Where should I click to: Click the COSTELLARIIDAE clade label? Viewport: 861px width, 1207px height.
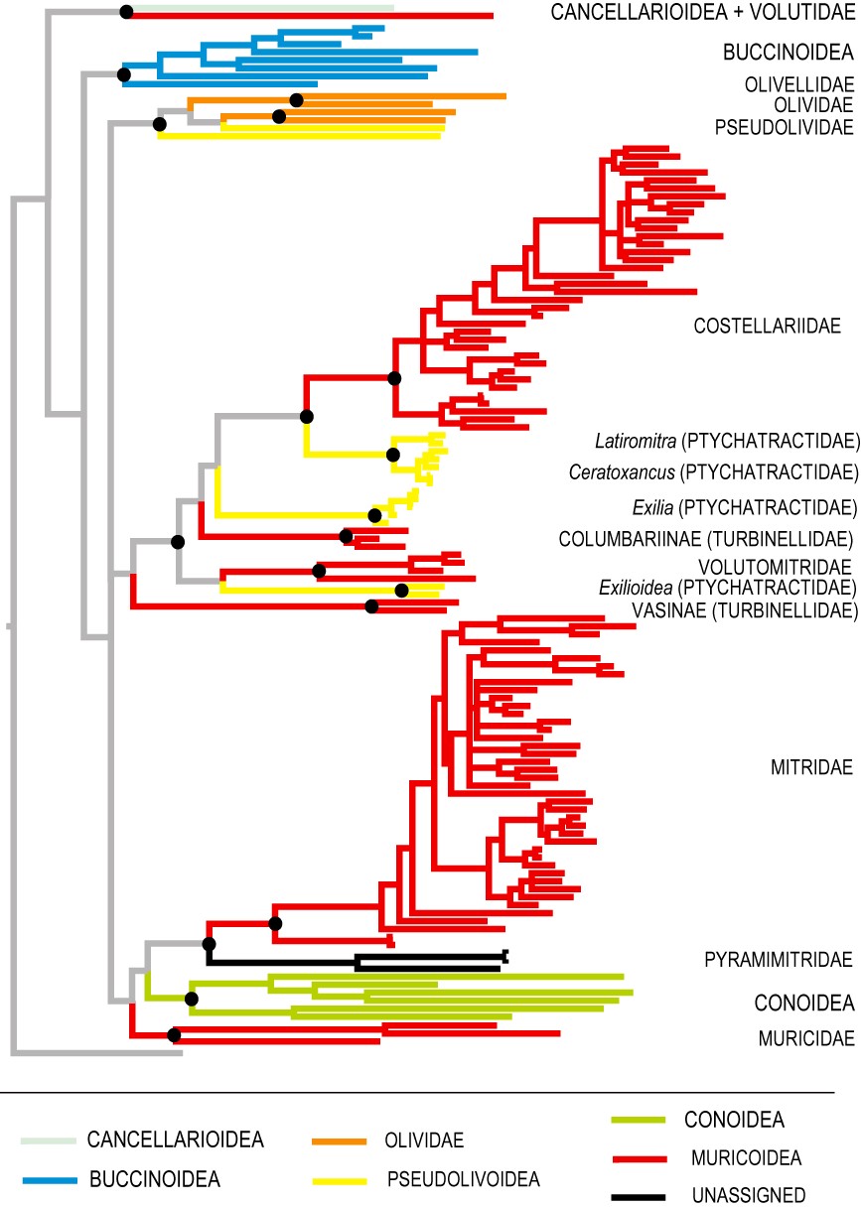[767, 326]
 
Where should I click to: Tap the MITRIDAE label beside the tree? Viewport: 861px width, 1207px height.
[811, 767]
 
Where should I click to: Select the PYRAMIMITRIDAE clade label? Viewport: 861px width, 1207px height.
[778, 960]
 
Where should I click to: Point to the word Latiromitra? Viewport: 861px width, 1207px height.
[636, 442]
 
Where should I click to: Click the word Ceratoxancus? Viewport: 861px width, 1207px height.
[622, 472]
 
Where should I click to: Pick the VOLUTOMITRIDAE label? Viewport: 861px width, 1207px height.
[775, 568]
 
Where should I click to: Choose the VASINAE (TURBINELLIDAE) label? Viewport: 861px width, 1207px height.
[745, 610]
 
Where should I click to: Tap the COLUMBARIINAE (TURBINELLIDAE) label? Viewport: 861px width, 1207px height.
[706, 539]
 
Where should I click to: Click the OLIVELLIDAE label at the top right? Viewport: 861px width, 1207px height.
[799, 84]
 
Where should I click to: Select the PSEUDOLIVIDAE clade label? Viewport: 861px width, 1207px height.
[784, 128]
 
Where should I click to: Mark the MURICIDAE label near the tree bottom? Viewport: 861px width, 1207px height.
[806, 1038]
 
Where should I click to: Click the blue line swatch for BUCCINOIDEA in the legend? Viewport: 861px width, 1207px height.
[50, 1180]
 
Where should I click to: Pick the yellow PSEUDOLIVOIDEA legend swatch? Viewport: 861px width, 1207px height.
[340, 1181]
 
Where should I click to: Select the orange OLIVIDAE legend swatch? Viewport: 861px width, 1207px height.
[339, 1141]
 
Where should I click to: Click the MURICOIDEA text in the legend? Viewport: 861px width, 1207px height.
[746, 1157]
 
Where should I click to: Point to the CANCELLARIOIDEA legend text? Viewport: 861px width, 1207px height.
[175, 1140]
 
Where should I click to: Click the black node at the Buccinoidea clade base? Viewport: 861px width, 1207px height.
[124, 74]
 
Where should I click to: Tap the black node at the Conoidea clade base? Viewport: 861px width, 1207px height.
[192, 999]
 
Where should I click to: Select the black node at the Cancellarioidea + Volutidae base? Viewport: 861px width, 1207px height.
[126, 12]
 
